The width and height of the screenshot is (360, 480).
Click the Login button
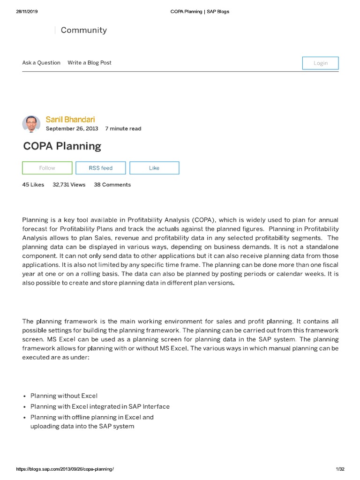(x=320, y=63)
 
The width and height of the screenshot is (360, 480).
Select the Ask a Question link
(x=41, y=63)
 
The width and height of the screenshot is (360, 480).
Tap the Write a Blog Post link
(x=90, y=63)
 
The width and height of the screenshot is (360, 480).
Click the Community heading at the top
(x=83, y=30)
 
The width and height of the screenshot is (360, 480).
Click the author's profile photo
(x=31, y=124)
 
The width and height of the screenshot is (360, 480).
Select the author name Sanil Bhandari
(x=70, y=120)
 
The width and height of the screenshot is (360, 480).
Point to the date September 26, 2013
(x=72, y=129)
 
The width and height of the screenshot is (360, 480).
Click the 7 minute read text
(x=123, y=129)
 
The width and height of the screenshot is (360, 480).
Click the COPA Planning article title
(x=62, y=146)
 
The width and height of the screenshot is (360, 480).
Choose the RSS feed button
(x=101, y=168)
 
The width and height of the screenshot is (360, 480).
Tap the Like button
(x=154, y=168)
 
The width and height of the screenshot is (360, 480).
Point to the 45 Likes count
(x=33, y=185)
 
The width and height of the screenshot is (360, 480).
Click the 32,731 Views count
(x=69, y=185)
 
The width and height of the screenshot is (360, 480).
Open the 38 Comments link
(x=112, y=185)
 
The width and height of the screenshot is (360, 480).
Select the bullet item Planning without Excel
(x=64, y=396)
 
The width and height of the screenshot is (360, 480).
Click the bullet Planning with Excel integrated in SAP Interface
(x=100, y=406)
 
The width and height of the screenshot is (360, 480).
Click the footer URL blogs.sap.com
(x=65, y=469)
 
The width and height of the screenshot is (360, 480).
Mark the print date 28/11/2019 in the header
(x=27, y=11)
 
